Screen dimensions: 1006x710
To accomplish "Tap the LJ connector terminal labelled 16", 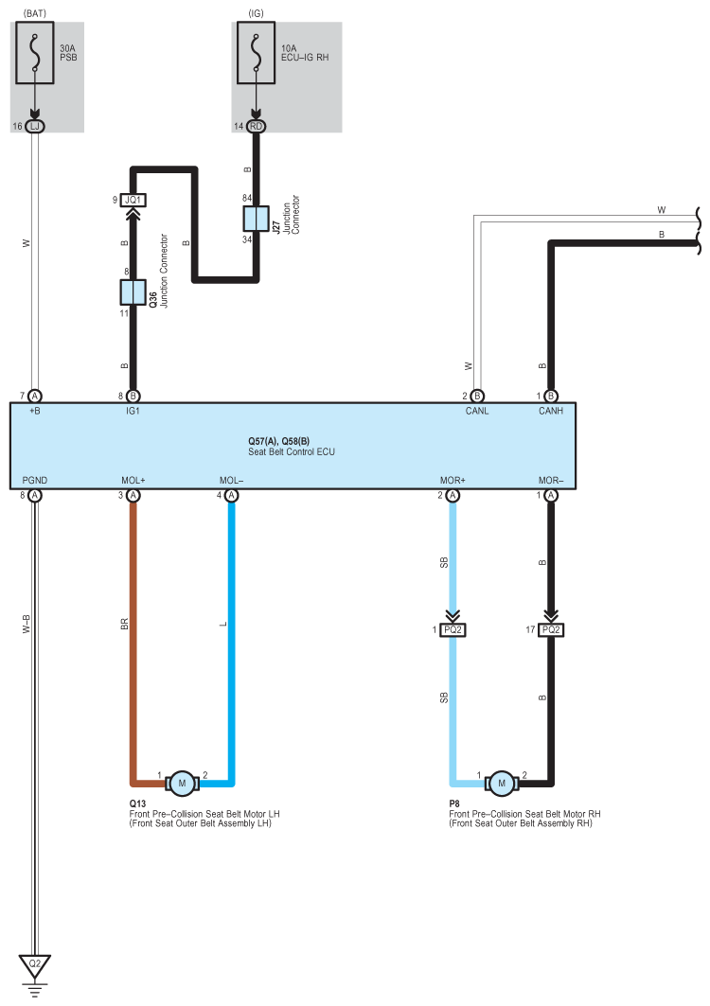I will click(35, 126).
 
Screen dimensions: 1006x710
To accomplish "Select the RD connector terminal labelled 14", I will click(255, 126).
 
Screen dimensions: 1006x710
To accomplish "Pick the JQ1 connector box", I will click(133, 201).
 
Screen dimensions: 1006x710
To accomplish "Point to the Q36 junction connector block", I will click(133, 291).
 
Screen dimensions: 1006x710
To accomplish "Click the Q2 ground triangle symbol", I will click(35, 966).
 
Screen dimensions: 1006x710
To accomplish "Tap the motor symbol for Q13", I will click(180, 783).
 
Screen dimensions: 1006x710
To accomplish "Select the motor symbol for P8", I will click(502, 783).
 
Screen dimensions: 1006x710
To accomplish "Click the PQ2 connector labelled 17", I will click(551, 630).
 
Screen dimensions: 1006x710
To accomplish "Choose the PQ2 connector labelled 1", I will click(453, 630).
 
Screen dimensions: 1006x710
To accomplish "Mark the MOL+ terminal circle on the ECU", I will click(133, 495).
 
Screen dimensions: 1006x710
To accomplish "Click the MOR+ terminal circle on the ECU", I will click(453, 495).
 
